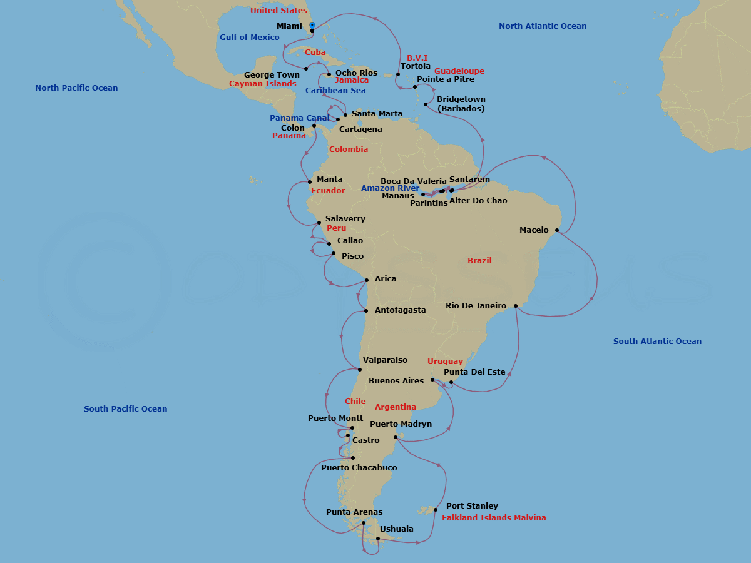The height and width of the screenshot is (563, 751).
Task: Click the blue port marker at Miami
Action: tap(312, 26)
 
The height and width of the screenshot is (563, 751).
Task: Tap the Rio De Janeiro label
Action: tap(476, 306)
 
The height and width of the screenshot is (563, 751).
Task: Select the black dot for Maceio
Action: tap(556, 230)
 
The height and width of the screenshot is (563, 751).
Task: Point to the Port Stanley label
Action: tap(472, 506)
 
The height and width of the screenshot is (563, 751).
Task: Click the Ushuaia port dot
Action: tap(378, 538)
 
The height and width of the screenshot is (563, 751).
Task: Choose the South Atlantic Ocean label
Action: tap(657, 342)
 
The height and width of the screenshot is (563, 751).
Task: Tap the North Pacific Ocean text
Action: tap(76, 88)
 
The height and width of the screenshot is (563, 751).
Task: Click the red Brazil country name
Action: tap(479, 261)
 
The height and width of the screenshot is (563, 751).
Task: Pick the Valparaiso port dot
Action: tap(360, 369)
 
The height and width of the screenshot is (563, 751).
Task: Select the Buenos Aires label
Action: tap(396, 381)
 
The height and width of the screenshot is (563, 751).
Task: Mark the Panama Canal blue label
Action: tap(299, 118)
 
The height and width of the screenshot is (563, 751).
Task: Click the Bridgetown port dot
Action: tap(426, 104)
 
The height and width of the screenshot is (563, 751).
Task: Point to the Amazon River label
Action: tap(391, 188)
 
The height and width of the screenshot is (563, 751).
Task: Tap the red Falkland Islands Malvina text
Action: tap(494, 518)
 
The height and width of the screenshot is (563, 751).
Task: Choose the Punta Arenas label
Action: tap(354, 512)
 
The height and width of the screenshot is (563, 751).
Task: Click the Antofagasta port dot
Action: tap(366, 311)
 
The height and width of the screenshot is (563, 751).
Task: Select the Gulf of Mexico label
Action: tap(249, 38)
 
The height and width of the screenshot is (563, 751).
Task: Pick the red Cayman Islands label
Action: tap(262, 84)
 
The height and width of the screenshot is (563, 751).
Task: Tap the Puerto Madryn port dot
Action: tap(396, 437)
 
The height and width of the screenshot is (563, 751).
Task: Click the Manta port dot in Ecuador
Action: tap(309, 182)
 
